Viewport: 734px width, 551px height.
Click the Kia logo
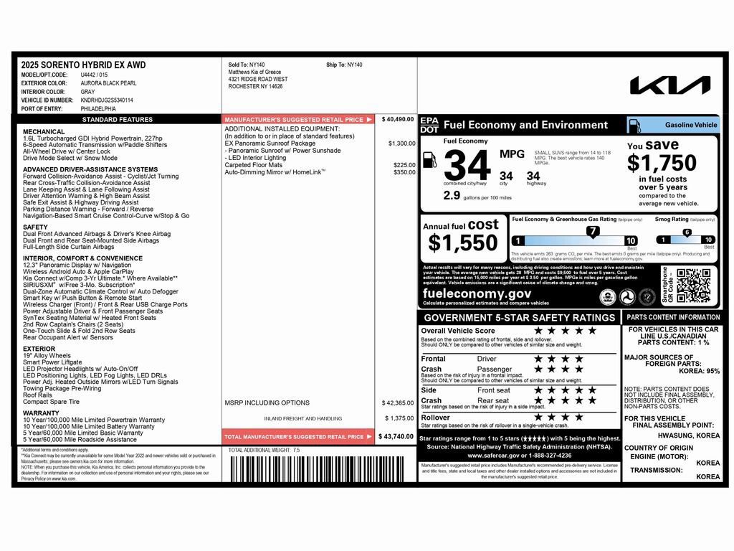(669, 85)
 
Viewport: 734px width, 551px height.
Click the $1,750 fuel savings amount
(662, 163)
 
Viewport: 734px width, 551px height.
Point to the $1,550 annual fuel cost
(463, 243)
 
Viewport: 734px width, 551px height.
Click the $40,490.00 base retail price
(398, 119)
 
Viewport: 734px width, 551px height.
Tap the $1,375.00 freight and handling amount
(399, 418)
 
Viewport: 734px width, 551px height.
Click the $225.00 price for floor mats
(404, 165)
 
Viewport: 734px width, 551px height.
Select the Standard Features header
(118, 120)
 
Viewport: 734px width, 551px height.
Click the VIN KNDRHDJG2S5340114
(107, 100)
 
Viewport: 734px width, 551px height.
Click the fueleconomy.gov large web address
(477, 293)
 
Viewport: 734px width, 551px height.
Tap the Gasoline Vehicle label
(690, 125)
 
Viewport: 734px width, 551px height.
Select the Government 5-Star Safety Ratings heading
(519, 318)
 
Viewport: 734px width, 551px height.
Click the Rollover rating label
(436, 417)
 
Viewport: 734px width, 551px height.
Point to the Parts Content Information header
(673, 317)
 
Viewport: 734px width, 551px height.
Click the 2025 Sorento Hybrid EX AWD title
(83, 65)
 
